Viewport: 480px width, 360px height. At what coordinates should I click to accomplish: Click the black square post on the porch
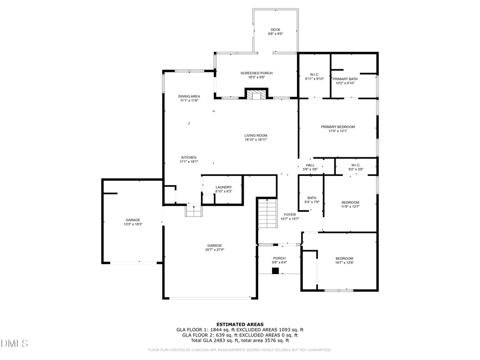pyautogui.click(x=275, y=270)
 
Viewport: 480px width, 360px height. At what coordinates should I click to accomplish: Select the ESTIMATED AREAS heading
pyautogui.click(x=239, y=324)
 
